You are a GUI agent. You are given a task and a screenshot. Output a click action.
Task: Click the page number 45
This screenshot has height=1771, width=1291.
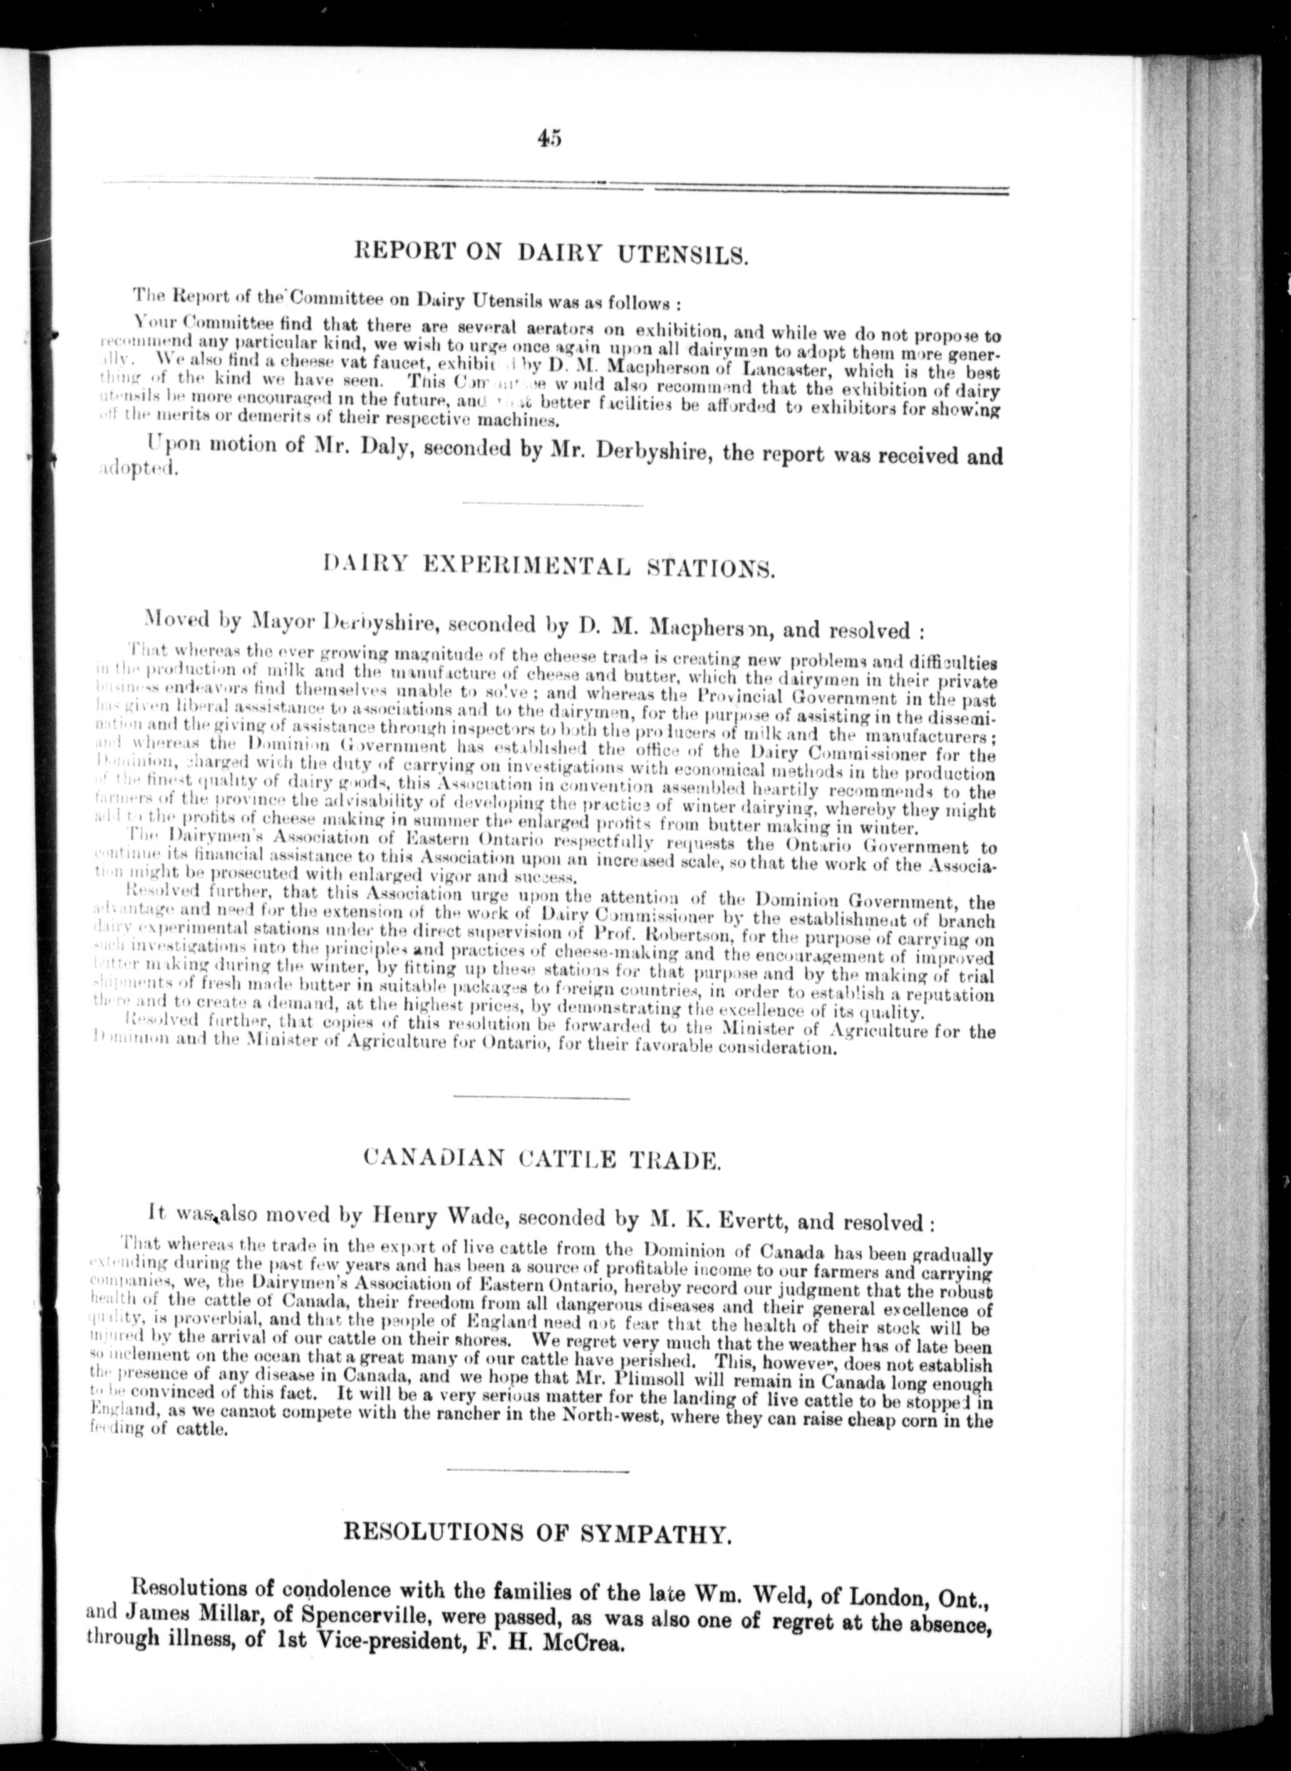[549, 137]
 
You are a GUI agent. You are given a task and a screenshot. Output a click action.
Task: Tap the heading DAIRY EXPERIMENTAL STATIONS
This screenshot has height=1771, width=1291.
[548, 567]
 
